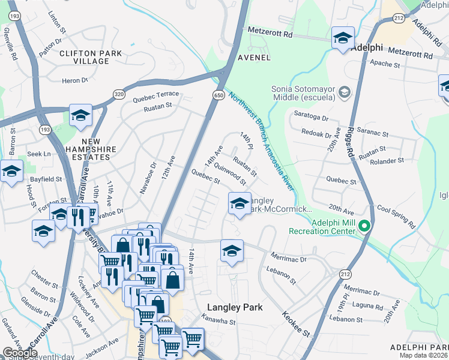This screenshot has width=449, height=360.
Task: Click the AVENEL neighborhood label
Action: coord(253,58)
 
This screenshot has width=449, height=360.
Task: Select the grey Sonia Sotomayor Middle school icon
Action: coord(345,92)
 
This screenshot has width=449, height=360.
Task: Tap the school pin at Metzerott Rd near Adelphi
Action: coord(342,38)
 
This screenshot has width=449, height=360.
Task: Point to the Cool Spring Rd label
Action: coord(396,217)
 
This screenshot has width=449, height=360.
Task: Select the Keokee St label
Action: coord(297,324)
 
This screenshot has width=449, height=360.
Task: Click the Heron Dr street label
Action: coord(75,80)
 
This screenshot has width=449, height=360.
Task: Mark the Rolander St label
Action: coord(387,161)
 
